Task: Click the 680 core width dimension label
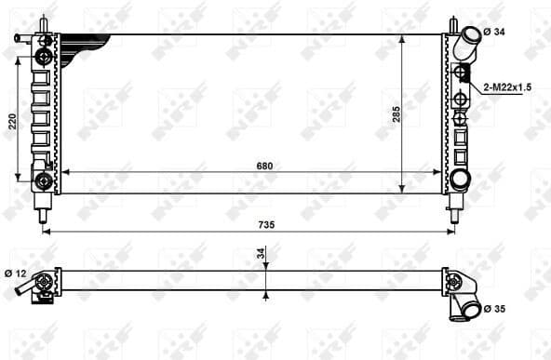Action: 264,166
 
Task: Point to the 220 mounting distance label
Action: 12,122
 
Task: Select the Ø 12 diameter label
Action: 14,273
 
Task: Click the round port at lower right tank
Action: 461,179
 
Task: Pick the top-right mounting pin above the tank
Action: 452,23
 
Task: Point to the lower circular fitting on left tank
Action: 43,179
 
